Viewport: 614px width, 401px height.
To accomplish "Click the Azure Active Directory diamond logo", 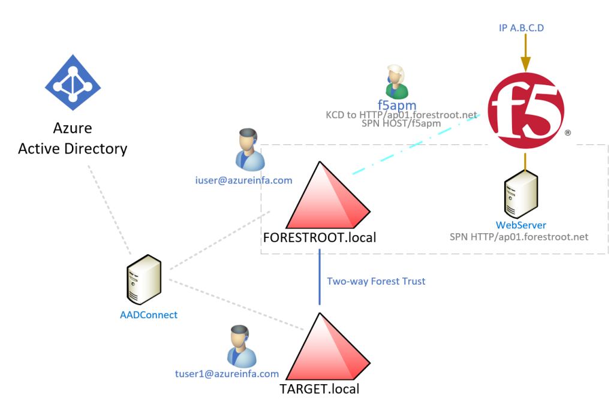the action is [73, 82].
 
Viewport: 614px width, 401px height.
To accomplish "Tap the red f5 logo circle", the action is [526, 110].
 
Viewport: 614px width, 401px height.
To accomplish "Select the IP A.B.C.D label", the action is [521, 28].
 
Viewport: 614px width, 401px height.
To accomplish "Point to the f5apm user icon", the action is [397, 82].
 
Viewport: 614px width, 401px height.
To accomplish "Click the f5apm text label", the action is [397, 105].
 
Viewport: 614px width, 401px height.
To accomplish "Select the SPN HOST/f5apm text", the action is [401, 123].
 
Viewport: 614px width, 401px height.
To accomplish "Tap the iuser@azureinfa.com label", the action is [243, 180].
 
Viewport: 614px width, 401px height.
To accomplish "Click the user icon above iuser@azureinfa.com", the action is [250, 150].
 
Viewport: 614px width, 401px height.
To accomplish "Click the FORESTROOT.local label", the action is [320, 237].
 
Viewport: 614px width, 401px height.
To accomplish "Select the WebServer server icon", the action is [521, 194].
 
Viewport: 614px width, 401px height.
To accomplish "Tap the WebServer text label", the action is [521, 225].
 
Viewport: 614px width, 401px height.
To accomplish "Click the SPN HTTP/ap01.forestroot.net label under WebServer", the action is [519, 237].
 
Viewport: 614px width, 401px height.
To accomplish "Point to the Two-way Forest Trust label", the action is [376, 281].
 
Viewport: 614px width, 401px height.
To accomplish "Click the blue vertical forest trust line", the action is [320, 277].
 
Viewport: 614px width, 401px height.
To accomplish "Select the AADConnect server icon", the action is [144, 279].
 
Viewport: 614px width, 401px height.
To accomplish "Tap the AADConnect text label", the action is [149, 315].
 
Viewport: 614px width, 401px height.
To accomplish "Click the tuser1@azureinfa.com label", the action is [227, 373].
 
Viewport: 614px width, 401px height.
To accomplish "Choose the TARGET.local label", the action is [319, 389].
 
